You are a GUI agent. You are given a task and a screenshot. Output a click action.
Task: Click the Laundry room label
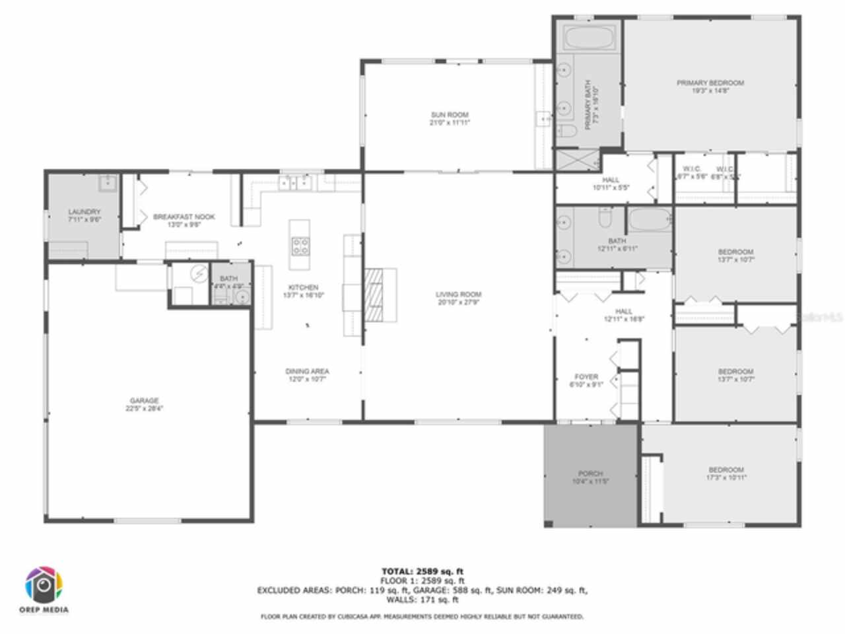84,215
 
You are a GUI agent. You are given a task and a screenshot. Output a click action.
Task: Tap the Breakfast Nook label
184,220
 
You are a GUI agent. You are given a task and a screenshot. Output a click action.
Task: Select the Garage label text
144,404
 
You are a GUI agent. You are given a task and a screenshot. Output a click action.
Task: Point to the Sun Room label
450,118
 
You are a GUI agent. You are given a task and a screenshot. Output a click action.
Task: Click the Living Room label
458,298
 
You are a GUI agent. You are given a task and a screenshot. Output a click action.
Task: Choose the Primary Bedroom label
710,87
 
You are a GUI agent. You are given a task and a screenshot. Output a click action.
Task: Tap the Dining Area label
307,375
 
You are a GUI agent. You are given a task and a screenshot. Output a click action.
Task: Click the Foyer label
586,380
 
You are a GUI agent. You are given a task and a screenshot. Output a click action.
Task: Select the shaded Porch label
590,477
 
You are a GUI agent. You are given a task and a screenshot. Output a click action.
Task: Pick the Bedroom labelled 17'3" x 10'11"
726,474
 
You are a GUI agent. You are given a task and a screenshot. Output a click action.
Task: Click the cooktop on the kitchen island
300,246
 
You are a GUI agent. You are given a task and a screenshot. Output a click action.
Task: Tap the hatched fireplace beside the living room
374,295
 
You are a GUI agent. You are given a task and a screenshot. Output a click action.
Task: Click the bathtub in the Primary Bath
589,36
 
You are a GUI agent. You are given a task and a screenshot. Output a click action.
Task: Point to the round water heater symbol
199,273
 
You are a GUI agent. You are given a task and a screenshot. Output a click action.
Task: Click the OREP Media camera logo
45,585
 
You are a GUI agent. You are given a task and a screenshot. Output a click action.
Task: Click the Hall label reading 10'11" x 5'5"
611,183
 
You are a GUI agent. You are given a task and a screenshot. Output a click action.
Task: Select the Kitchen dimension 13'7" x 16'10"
303,295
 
